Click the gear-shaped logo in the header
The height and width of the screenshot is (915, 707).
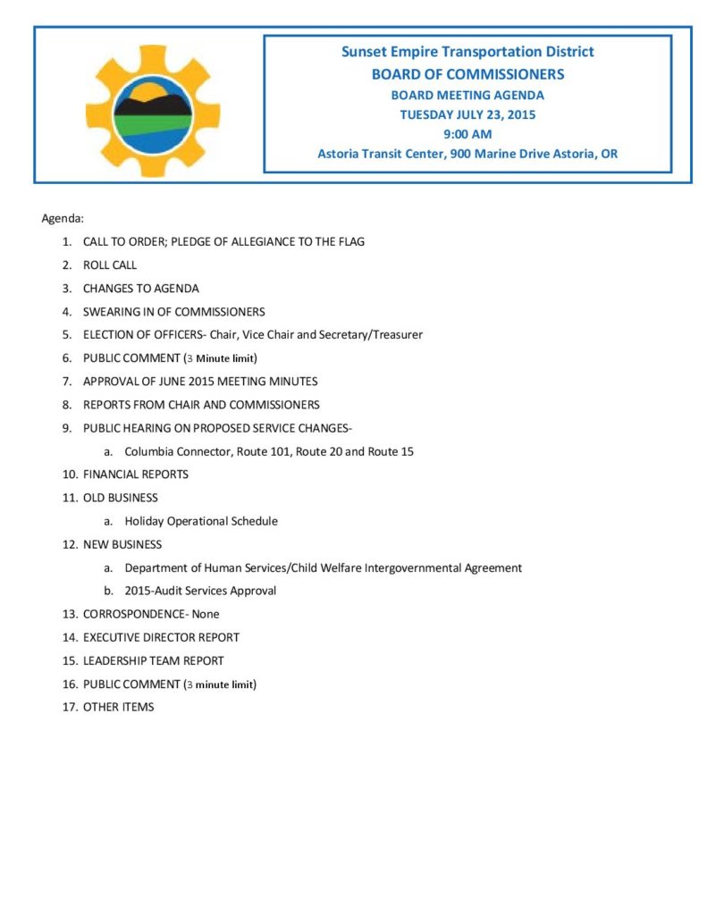point(153,111)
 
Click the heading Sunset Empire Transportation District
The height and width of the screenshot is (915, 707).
point(467,52)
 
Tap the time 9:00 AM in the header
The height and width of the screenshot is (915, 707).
point(467,134)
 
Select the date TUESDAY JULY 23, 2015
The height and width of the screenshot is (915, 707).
point(467,114)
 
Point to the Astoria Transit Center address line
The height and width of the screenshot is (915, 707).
point(467,154)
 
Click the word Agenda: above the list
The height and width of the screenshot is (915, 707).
point(63,218)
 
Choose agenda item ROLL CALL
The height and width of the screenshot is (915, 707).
point(110,265)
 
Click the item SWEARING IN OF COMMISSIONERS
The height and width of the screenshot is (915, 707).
point(173,312)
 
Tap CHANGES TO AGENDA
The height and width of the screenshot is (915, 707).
point(141,289)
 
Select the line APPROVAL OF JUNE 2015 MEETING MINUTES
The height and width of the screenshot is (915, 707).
point(200,382)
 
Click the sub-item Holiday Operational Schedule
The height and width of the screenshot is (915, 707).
point(201,521)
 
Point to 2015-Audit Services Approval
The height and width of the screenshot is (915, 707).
point(200,591)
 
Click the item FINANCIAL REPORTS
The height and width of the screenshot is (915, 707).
point(136,474)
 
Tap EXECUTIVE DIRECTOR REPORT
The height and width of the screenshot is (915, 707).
point(161,637)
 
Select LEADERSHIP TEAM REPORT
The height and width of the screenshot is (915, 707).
point(154,660)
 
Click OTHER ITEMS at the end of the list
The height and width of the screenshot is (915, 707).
point(119,707)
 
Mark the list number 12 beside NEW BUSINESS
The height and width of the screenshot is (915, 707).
point(69,544)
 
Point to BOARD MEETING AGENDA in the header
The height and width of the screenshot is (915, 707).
point(467,95)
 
